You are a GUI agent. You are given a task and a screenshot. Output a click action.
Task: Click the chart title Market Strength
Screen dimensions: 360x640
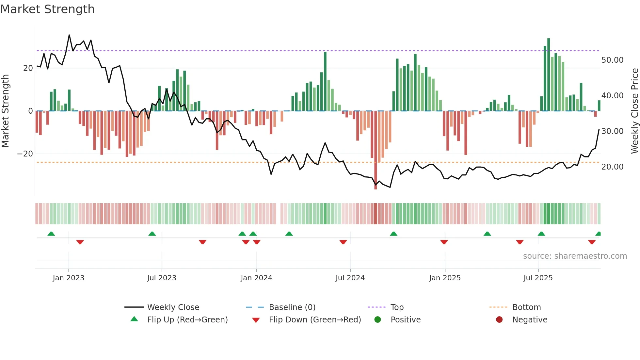47,9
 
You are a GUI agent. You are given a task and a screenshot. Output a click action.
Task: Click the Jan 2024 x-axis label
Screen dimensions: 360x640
256,278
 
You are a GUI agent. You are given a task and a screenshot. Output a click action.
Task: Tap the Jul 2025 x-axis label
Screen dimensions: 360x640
538,278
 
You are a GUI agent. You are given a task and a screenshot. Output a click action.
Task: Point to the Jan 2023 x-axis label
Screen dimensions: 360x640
69,278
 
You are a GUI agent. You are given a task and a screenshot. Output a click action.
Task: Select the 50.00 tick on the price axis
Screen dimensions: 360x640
612,60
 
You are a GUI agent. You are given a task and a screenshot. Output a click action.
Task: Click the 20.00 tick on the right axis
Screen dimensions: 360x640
612,167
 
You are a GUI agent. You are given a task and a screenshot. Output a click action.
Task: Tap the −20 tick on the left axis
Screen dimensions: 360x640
25,154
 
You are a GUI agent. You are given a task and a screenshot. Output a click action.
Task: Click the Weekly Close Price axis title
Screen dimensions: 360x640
634,111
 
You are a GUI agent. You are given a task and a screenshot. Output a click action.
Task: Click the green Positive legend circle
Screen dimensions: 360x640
378,320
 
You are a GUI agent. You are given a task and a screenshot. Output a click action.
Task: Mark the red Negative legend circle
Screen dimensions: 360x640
499,320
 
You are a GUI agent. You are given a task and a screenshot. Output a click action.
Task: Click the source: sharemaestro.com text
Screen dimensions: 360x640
575,256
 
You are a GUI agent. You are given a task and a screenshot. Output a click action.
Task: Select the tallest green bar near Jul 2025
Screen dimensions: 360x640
549,75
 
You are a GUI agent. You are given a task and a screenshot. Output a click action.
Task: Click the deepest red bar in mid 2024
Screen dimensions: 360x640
376,150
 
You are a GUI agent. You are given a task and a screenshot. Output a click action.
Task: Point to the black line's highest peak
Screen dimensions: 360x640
69,35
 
